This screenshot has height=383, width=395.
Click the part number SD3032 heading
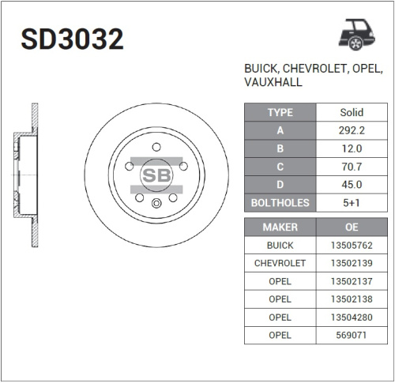72,39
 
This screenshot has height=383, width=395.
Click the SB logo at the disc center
156,175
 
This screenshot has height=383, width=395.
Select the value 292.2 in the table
351,130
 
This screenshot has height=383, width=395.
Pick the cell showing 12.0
351,148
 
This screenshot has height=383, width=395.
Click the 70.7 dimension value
351,167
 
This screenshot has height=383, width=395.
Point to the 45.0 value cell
351,185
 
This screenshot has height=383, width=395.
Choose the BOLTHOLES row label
280,203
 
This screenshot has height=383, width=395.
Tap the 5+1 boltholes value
351,203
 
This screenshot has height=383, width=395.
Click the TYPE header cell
280,112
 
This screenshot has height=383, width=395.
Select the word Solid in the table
351,112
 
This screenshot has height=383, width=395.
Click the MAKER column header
280,227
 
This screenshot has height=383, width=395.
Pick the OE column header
351,227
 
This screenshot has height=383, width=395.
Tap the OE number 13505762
351,246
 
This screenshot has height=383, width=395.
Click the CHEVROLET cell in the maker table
280,263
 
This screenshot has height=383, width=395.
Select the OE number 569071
351,336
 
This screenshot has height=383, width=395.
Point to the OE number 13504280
351,317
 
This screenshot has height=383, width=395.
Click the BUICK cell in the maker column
280,246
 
